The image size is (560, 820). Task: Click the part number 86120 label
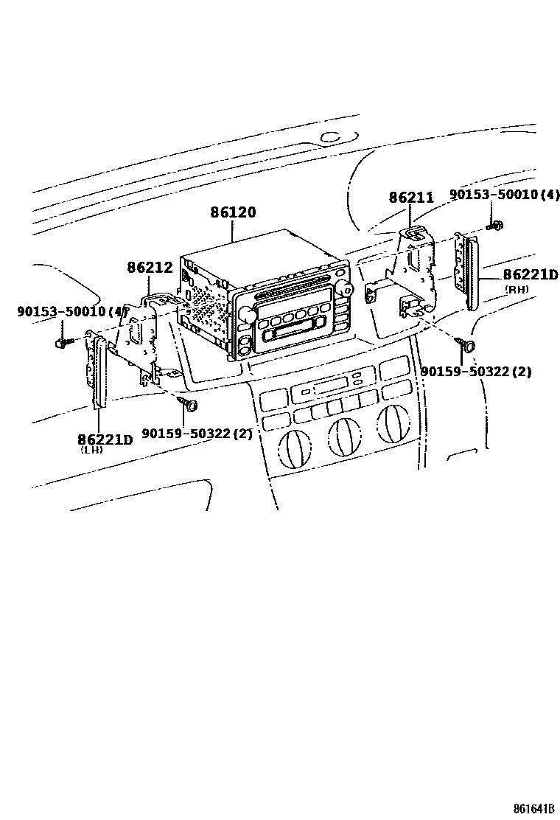pos(233,212)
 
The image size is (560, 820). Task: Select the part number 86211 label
pos(411,198)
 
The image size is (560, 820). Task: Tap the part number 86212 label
pos(150,268)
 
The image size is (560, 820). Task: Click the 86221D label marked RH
pos(531,275)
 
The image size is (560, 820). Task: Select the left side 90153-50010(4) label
pos(72,311)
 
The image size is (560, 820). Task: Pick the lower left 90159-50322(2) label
pos(197,434)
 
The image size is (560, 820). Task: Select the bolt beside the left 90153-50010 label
pos(63,341)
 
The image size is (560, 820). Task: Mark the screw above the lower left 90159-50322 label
pos(190,403)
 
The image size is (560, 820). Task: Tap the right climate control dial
pos(392,423)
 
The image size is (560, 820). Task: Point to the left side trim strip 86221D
pos(95,369)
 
